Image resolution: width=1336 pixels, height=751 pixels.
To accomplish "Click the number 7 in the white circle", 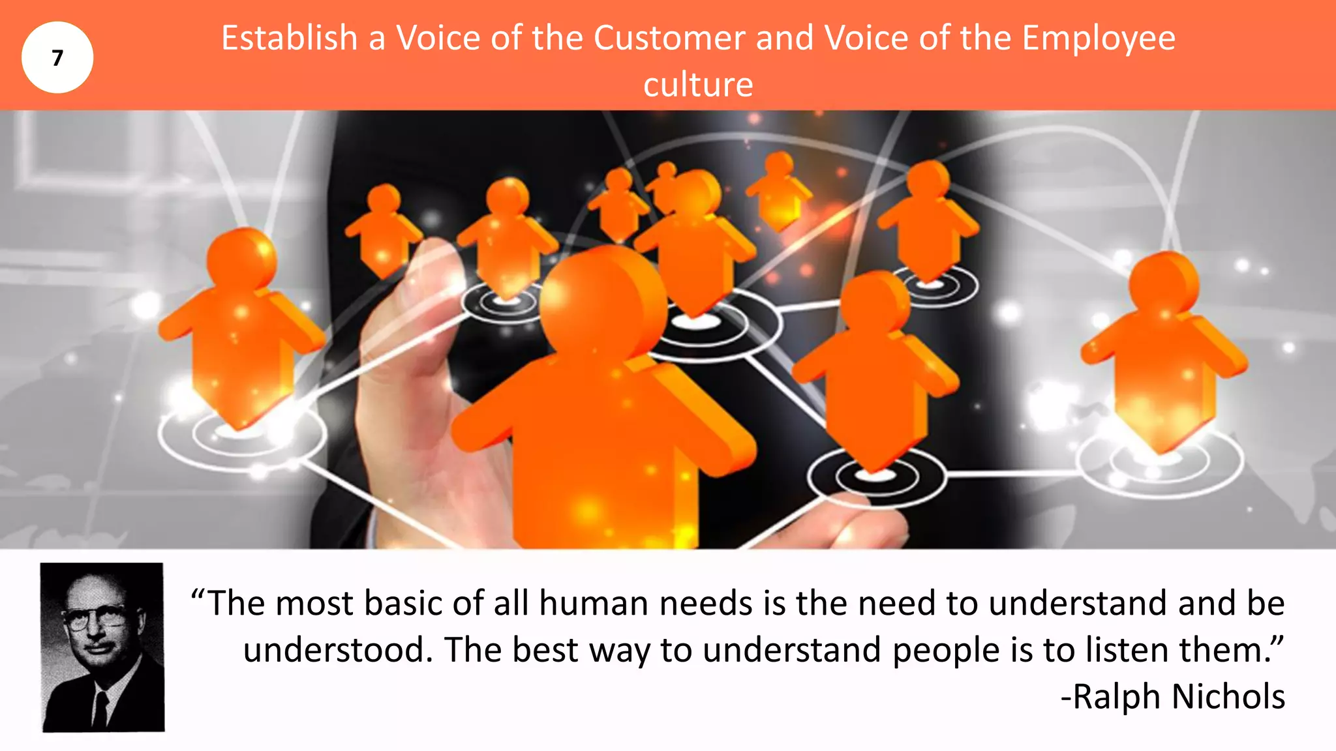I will click(x=57, y=58).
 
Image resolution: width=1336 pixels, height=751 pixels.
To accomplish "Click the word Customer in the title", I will click(x=669, y=38).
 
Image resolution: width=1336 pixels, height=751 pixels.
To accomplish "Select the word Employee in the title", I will click(x=1099, y=38).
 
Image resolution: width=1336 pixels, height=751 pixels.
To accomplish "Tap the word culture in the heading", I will click(x=698, y=85).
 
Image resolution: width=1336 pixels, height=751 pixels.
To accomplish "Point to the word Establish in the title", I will click(x=289, y=38).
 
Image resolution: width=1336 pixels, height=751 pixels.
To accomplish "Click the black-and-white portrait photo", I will click(x=102, y=647).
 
